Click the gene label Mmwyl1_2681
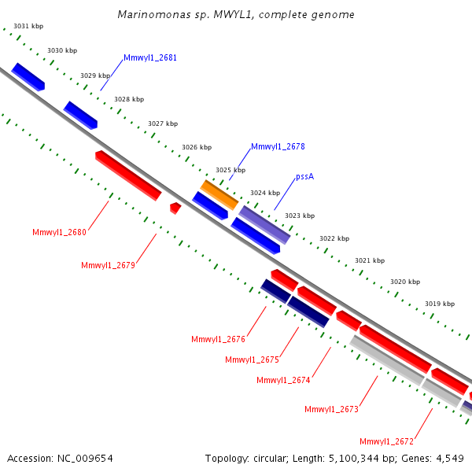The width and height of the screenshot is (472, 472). (x=150, y=58)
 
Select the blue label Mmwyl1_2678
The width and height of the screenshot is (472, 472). (x=278, y=147)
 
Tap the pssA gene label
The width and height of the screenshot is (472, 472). (x=305, y=177)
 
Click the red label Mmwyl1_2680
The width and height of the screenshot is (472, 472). (x=59, y=232)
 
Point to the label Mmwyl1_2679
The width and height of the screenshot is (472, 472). (x=108, y=266)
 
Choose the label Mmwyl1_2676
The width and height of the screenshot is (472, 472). (x=218, y=340)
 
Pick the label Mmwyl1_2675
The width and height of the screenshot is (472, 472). (x=252, y=360)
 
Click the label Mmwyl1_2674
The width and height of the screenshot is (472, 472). (x=283, y=381)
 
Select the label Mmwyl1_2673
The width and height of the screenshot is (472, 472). (x=331, y=409)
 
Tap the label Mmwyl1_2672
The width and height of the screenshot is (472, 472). (x=386, y=441)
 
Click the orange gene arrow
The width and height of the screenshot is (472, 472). (x=219, y=194)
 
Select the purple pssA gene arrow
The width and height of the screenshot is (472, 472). (x=264, y=224)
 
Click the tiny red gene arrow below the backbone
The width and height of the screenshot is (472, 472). (x=175, y=208)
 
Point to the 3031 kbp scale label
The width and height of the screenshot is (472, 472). (x=28, y=27)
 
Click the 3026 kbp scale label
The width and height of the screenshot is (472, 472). (x=197, y=147)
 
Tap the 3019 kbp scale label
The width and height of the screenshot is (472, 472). (x=439, y=304)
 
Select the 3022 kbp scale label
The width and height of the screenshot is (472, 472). (x=334, y=238)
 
